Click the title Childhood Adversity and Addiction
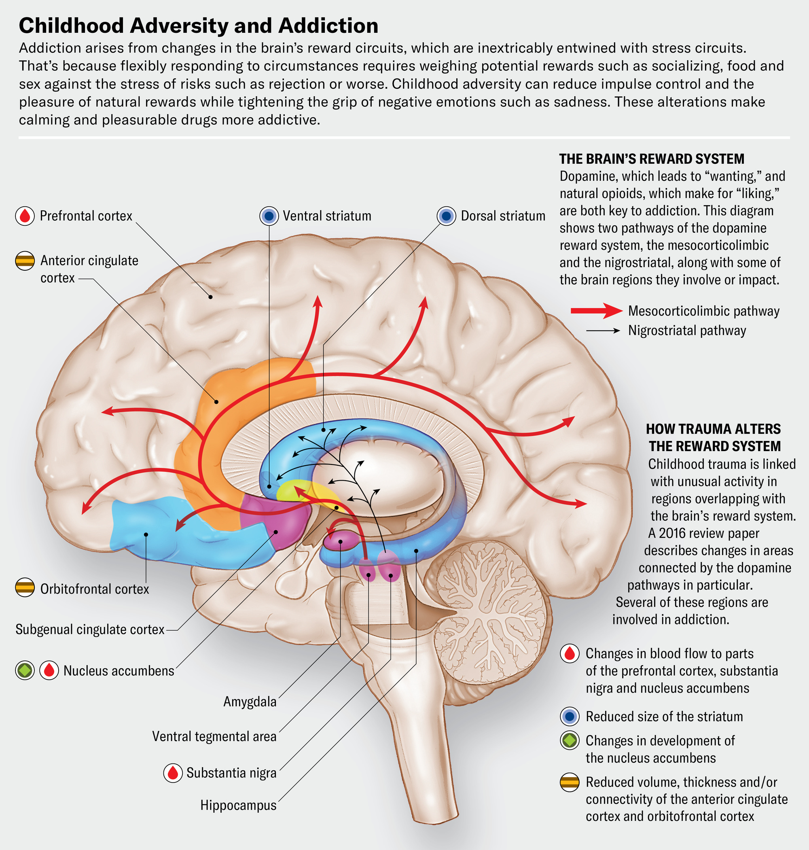[198, 26]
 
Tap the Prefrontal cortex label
[86, 216]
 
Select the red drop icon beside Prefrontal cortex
[25, 216]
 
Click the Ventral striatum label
[326, 216]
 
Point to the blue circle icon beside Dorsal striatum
[446, 216]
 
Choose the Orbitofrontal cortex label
[94, 589]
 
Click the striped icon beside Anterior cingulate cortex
[25, 261]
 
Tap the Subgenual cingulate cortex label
[90, 629]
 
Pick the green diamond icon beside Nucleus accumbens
[25, 670]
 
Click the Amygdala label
[250, 702]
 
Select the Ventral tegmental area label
[214, 736]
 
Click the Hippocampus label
[238, 805]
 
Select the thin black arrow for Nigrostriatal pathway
[603, 331]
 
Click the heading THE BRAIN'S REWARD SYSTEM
[652, 159]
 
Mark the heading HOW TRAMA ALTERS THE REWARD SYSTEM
[714, 437]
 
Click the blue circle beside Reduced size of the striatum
[570, 716]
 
